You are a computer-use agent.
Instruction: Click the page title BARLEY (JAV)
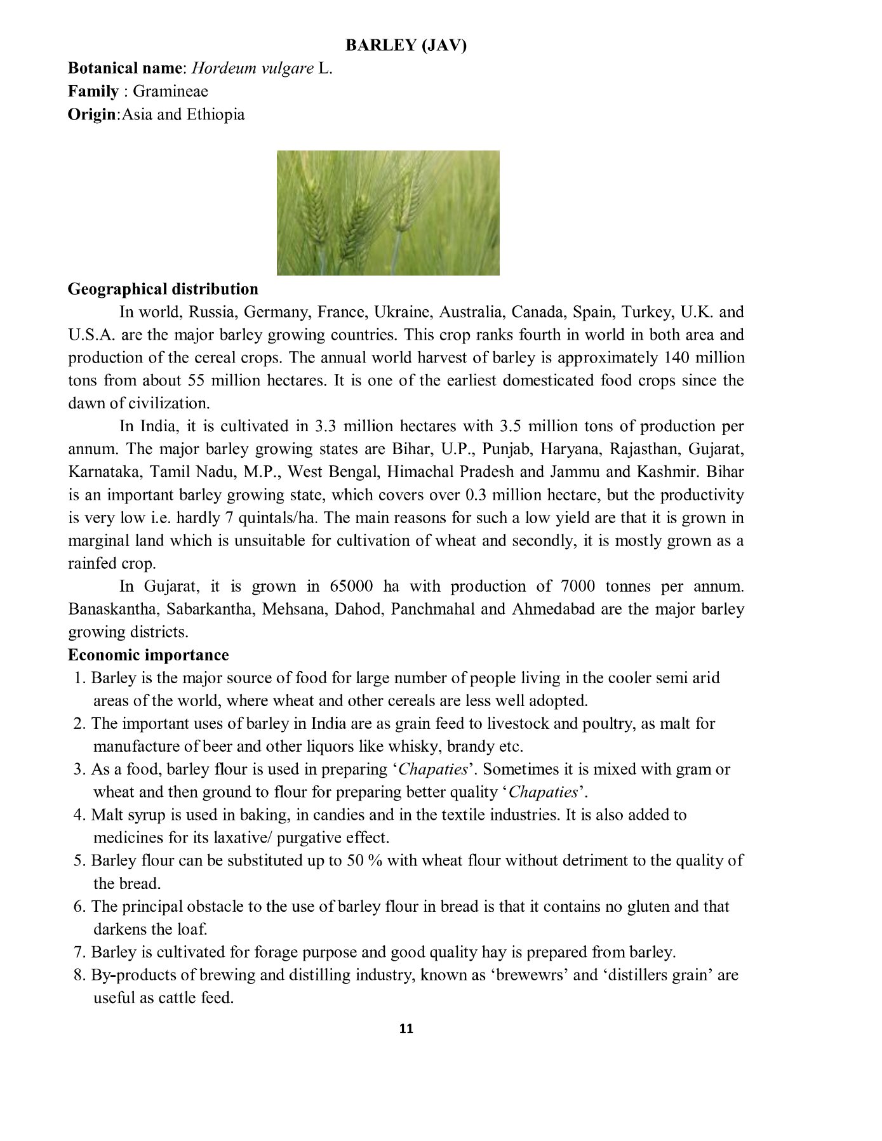pos(406,46)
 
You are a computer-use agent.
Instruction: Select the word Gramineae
pos(170,91)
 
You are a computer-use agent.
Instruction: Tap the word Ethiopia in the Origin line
pos(215,115)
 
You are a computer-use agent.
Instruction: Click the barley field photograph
pos(388,213)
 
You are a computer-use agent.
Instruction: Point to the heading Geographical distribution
pos(163,290)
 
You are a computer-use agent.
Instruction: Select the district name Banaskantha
pos(112,610)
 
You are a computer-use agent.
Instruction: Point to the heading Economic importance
pos(149,655)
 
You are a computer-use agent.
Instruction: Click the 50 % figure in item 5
pos(363,861)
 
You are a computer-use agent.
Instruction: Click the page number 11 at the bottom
pos(406,1029)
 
